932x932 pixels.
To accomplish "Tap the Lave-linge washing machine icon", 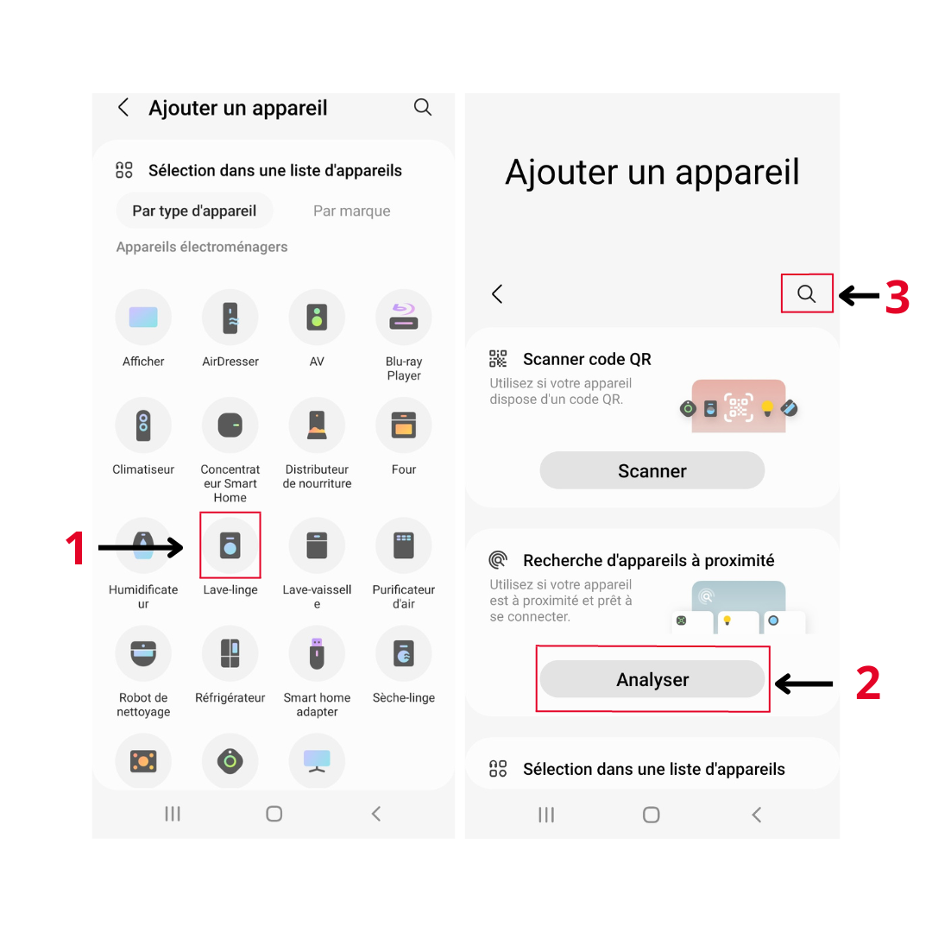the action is [x=230, y=545].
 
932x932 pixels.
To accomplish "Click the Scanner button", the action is [x=652, y=470].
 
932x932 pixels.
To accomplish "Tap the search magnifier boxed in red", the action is [x=807, y=293].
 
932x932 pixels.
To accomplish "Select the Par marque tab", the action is [x=352, y=211].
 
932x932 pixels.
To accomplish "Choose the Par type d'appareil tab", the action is [x=194, y=211].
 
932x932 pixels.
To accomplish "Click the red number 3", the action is [x=897, y=297].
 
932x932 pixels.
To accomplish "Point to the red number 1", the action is [x=75, y=548].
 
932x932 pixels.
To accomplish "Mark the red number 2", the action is [x=868, y=683].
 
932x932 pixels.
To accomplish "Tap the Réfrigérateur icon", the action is [x=230, y=653].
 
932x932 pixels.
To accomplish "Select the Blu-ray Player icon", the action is [x=404, y=317].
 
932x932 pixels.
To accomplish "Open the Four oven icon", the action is [x=404, y=425].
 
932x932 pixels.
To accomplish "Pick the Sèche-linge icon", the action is [x=404, y=653].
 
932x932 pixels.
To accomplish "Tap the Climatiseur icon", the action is [x=143, y=425].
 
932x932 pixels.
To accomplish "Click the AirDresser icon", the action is [x=230, y=317].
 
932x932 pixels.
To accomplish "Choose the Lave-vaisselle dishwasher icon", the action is [x=317, y=545].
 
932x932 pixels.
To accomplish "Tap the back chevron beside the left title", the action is [x=123, y=108].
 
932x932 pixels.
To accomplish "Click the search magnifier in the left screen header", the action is [x=423, y=107].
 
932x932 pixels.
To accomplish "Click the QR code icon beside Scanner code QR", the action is [x=498, y=358].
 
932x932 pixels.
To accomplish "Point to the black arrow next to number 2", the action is [x=803, y=683].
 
